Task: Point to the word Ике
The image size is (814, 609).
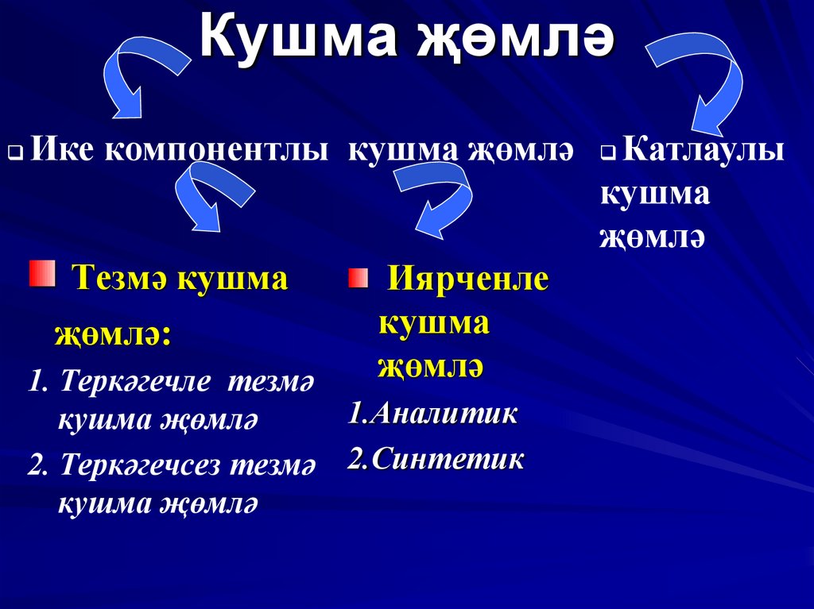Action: coord(62,150)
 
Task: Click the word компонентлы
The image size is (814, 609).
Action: coord(215,151)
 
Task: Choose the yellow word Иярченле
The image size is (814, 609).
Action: coord(467,279)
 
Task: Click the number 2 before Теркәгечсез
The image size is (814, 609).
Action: coord(34,464)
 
